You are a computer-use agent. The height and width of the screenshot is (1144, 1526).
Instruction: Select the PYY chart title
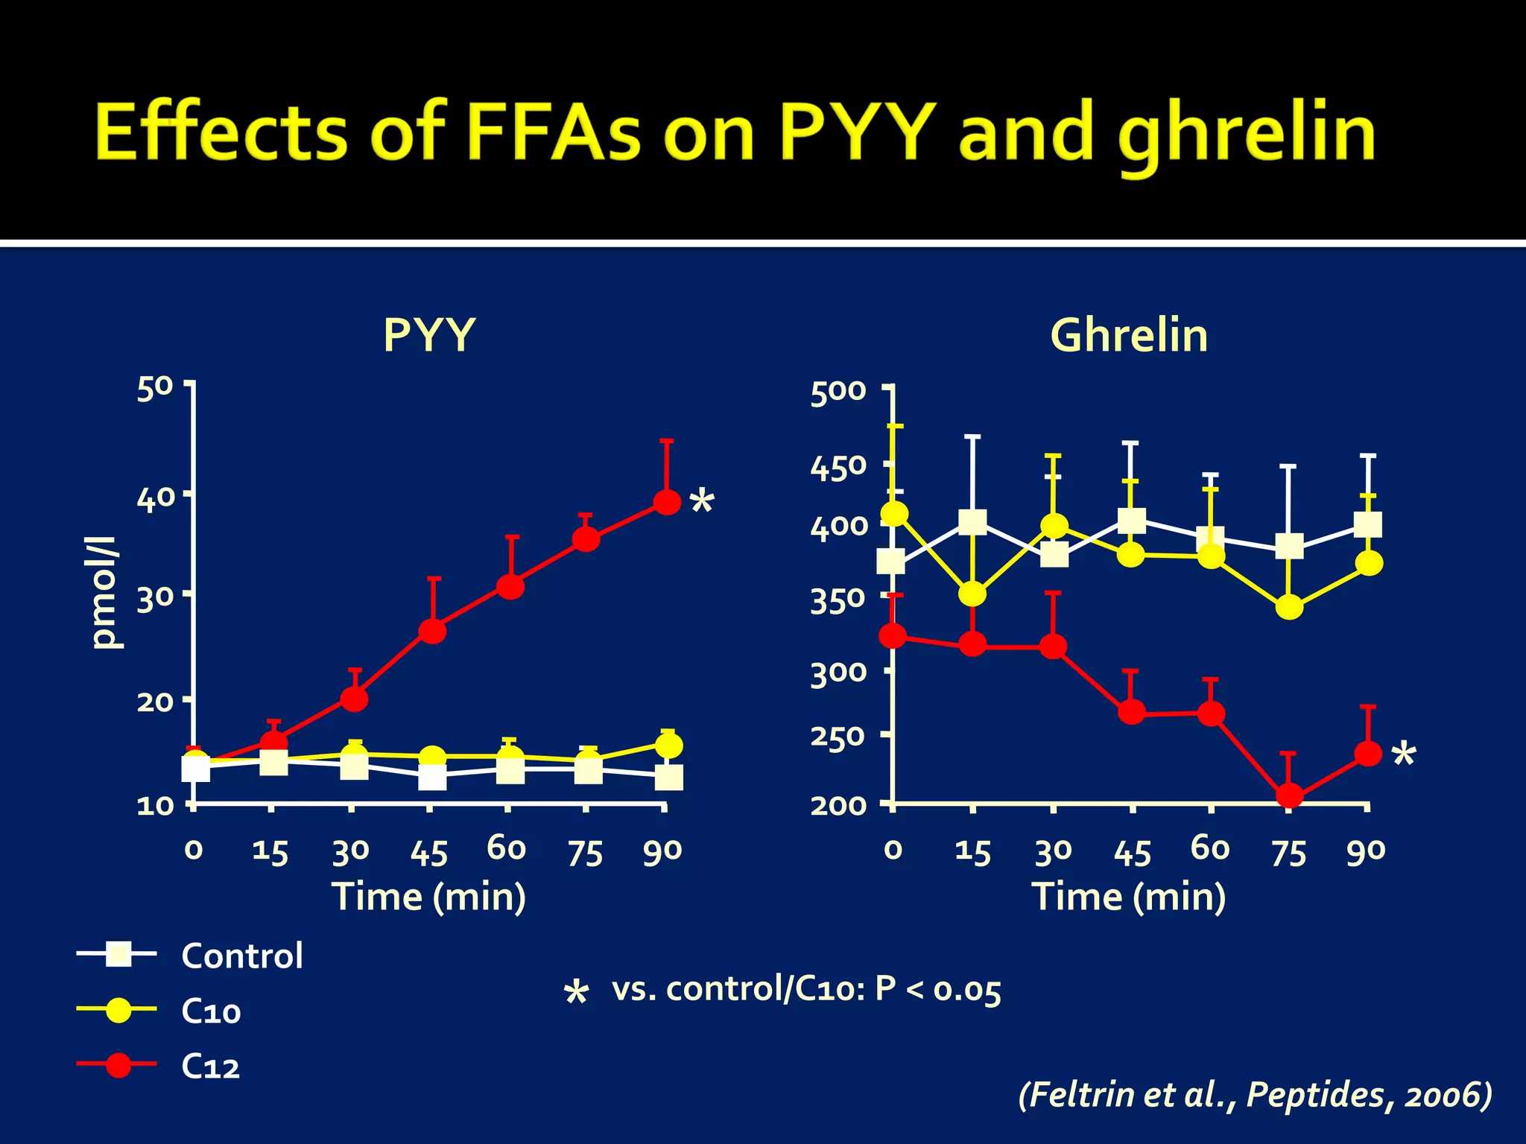pyautogui.click(x=428, y=335)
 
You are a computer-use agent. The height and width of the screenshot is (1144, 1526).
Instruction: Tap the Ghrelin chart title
pyautogui.click(x=1128, y=335)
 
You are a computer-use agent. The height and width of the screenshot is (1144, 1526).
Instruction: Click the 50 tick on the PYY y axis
pyautogui.click(x=154, y=388)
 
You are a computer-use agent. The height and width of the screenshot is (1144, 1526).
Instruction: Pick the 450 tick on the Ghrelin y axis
pyautogui.click(x=838, y=468)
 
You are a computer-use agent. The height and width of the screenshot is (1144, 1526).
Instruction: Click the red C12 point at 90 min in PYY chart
pyautogui.click(x=667, y=502)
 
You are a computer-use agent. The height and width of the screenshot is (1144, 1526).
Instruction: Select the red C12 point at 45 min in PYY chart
pyautogui.click(x=432, y=631)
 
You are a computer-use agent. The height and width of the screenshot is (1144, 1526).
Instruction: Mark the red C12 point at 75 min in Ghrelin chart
pyautogui.click(x=1289, y=795)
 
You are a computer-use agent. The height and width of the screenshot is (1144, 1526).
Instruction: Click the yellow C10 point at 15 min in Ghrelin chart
pyautogui.click(x=972, y=594)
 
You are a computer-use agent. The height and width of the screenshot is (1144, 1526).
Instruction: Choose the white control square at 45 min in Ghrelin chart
pyautogui.click(x=1131, y=521)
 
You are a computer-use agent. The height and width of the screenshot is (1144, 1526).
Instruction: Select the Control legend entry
pyautogui.click(x=241, y=956)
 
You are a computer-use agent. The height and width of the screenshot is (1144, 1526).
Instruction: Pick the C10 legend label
pyautogui.click(x=211, y=1011)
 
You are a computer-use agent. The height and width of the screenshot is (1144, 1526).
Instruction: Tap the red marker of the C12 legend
pyautogui.click(x=118, y=1065)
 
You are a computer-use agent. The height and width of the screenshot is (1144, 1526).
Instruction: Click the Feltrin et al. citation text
pyautogui.click(x=1255, y=1094)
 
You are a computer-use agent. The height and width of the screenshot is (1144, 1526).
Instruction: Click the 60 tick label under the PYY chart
pyautogui.click(x=507, y=848)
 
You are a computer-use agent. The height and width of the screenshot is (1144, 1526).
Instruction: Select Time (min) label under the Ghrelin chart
pyautogui.click(x=1128, y=896)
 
